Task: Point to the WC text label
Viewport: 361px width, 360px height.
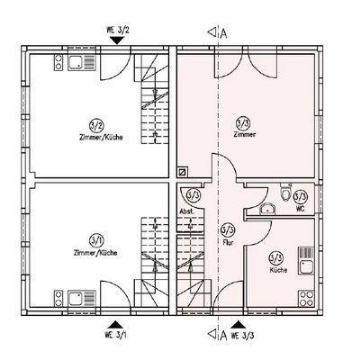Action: (x=301, y=209)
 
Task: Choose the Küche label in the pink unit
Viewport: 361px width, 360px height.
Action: (x=277, y=271)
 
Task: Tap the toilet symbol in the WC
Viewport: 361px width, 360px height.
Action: (x=286, y=193)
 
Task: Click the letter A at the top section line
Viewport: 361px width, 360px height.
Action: (x=222, y=33)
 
